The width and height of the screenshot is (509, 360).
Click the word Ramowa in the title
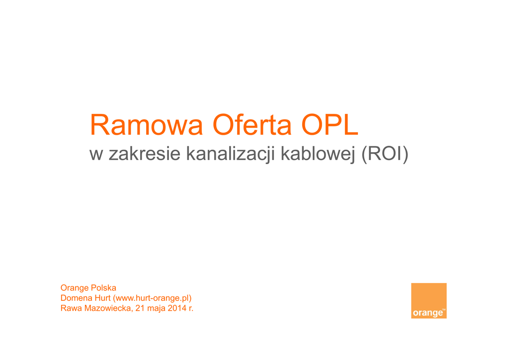[x=147, y=125]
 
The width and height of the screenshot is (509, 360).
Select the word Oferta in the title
[x=252, y=125]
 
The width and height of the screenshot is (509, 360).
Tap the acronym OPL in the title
[x=330, y=125]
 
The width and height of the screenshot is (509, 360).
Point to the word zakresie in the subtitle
[x=145, y=153]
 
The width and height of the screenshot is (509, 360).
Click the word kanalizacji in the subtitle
[x=230, y=154]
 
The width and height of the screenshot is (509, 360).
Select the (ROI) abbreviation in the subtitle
[x=385, y=154]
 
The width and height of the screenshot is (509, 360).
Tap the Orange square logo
[x=428, y=301]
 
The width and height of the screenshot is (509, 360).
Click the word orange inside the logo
[x=427, y=313]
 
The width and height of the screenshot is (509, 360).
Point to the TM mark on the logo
[x=444, y=310]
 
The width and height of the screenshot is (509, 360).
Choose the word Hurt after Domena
[x=102, y=298]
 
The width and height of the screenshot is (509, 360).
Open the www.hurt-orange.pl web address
[x=152, y=298]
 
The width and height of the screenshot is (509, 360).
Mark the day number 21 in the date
[x=140, y=308]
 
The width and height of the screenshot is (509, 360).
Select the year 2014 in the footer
[x=177, y=308]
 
